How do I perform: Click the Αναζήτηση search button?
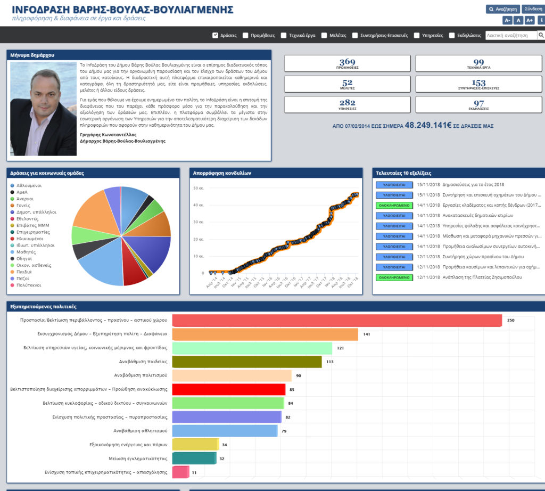[502, 9]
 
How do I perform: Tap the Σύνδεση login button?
[533, 9]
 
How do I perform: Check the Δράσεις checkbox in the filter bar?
[216, 36]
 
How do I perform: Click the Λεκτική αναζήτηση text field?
[510, 36]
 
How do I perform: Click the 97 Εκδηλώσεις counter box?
[478, 104]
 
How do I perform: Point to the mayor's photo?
[43, 109]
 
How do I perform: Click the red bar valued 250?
[337, 321]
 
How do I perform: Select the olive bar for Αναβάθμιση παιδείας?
[247, 362]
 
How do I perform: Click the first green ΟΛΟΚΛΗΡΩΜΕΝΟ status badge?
[394, 205]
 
